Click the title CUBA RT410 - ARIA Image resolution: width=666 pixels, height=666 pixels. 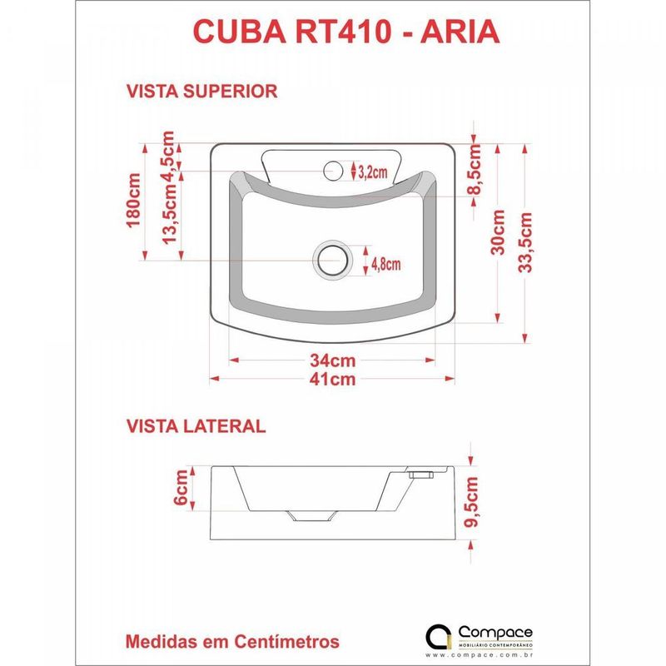pyautogui.click(x=345, y=31)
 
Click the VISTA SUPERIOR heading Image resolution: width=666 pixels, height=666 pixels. pyautogui.click(x=201, y=91)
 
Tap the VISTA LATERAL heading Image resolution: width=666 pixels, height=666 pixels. pyautogui.click(x=196, y=426)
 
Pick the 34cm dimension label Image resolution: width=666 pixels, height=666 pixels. pyautogui.click(x=332, y=361)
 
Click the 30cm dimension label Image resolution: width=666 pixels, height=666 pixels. pyautogui.click(x=499, y=231)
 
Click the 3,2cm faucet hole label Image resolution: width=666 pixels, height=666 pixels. pyautogui.click(x=372, y=172)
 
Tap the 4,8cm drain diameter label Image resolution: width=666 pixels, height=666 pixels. pyautogui.click(x=385, y=264)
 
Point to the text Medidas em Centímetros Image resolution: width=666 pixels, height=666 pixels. pyautogui.click(x=232, y=642)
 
